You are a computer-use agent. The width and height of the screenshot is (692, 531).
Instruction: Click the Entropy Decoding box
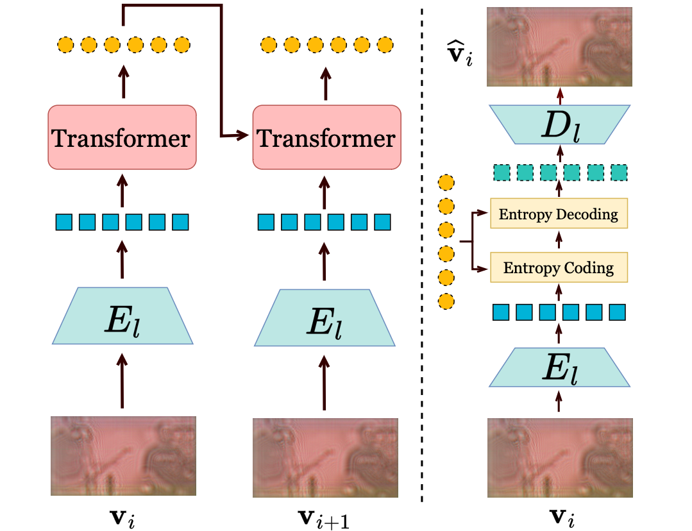[558, 214]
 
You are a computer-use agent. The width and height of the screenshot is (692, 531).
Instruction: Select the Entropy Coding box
[558, 267]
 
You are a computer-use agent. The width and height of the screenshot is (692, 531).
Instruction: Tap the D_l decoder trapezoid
[559, 125]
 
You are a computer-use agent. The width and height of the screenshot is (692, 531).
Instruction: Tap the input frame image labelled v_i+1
[325, 456]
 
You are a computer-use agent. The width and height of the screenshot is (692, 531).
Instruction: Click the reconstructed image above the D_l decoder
[559, 47]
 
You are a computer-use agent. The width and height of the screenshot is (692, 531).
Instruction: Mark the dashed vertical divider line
[421, 257]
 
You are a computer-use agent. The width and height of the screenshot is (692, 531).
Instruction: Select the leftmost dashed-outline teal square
[502, 173]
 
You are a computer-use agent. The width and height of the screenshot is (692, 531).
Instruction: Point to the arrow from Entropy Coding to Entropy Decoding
[559, 240]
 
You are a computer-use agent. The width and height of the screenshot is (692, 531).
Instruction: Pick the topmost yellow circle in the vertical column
[445, 184]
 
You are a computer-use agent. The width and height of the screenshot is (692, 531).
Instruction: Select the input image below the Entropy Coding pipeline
[560, 456]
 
